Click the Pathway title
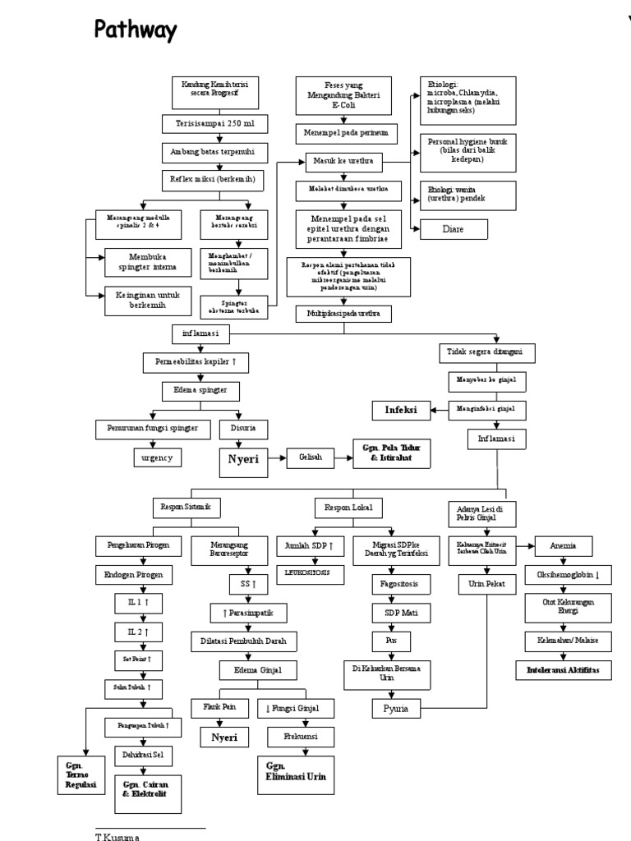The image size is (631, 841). [x=136, y=31]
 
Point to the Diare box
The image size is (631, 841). [x=453, y=228]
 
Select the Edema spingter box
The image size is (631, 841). [x=196, y=389]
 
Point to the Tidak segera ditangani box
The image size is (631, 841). [x=491, y=352]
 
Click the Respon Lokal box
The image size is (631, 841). [x=349, y=508]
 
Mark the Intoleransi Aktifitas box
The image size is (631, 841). [x=563, y=670]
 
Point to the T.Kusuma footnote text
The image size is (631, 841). [x=116, y=835]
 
